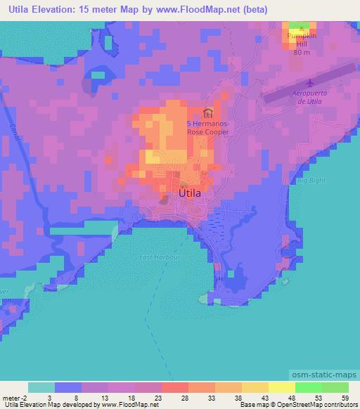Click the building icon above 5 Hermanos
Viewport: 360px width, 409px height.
[207, 112]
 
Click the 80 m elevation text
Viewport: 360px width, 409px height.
[302, 51]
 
